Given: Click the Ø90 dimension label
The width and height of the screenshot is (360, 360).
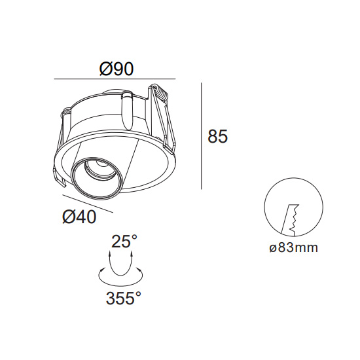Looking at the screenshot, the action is pyautogui.click(x=116, y=69).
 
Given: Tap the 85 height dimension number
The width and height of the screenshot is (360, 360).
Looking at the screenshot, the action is pyautogui.click(x=218, y=136).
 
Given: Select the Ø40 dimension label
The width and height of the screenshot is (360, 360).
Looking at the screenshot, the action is pyautogui.click(x=79, y=217).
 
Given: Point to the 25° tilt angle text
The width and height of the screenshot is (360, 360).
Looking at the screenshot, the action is pyautogui.click(x=124, y=241).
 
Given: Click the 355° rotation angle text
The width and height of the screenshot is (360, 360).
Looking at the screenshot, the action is pyautogui.click(x=123, y=298).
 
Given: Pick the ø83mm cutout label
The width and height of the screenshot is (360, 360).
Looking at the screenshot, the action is pyautogui.click(x=294, y=247).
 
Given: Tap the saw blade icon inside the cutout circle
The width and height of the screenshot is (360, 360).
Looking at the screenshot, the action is pyautogui.click(x=290, y=220).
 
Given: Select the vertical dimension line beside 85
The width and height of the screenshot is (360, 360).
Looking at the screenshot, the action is pyautogui.click(x=202, y=136).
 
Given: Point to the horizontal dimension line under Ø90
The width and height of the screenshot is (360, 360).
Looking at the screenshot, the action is pyautogui.click(x=115, y=79).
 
